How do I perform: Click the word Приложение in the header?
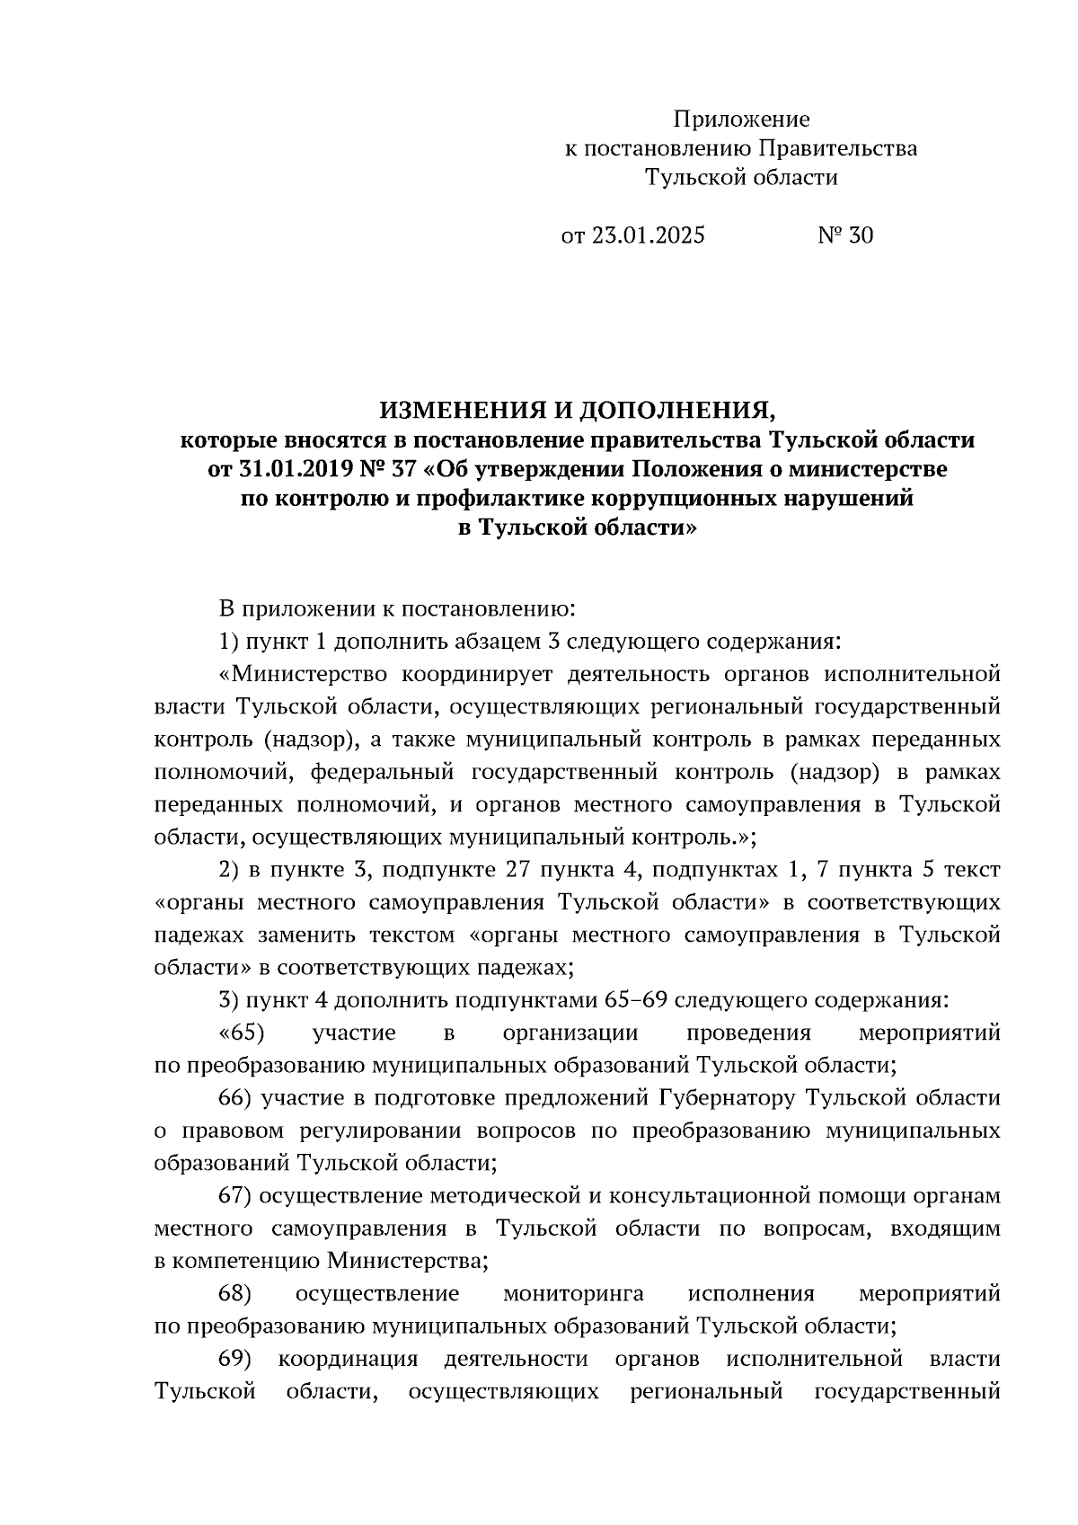742,120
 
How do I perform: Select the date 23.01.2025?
647,235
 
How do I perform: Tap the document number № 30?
844,235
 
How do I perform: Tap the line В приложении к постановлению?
396,610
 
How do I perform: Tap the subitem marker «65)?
241,1033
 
